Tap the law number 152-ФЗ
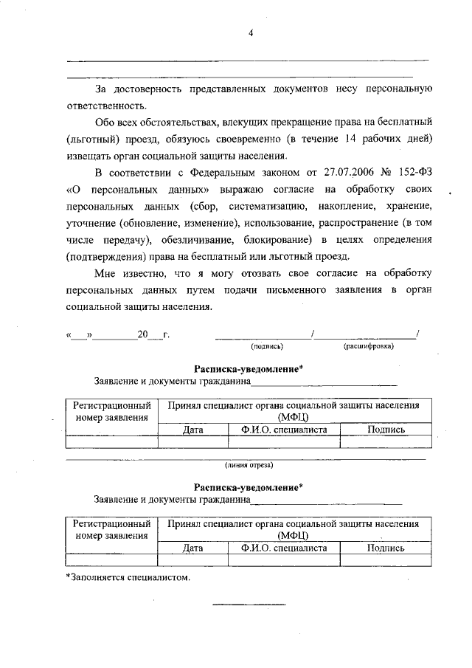point(414,173)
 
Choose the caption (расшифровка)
point(369,345)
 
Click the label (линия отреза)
point(249,465)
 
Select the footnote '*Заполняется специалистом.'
point(128,577)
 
